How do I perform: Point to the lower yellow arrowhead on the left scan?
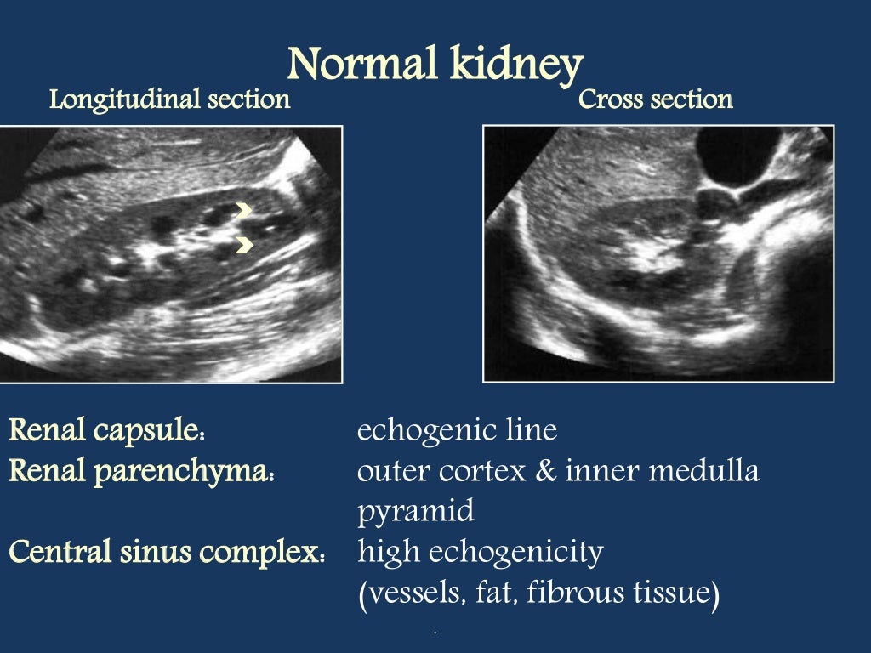coord(245,245)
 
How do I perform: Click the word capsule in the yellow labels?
coord(159,431)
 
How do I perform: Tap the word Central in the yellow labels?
coord(58,553)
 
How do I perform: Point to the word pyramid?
coord(415,513)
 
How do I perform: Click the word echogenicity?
coord(516,553)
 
